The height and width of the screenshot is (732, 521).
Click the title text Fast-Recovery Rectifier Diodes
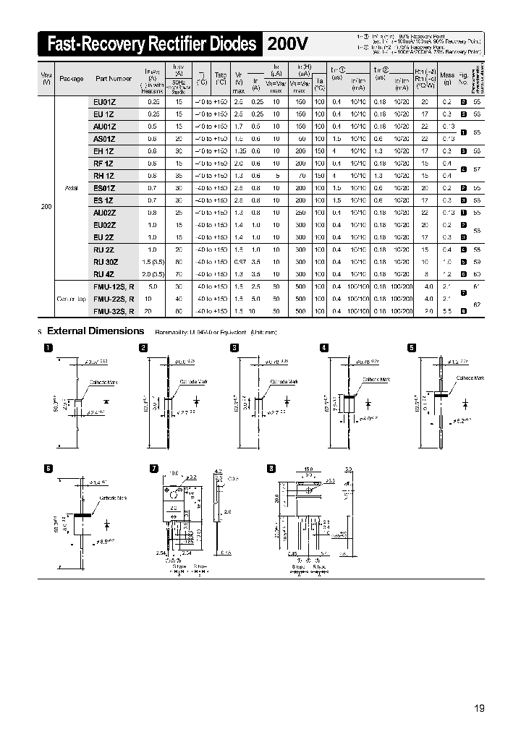[x=151, y=45]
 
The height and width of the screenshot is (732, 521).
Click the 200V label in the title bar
[x=288, y=45]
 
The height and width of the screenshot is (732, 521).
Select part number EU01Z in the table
[x=104, y=103]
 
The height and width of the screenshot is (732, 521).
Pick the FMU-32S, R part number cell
[x=114, y=310]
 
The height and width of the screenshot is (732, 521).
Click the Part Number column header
[x=111, y=78]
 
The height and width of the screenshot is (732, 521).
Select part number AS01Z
[x=104, y=138]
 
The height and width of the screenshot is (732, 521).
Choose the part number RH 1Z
[x=104, y=176]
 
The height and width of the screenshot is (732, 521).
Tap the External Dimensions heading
[x=96, y=331]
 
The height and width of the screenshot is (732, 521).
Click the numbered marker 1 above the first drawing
[x=48, y=348]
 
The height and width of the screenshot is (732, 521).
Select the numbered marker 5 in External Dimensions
[x=412, y=348]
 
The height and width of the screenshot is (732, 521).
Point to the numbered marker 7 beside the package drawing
[x=153, y=469]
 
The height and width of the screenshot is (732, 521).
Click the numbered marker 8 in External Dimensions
[x=272, y=469]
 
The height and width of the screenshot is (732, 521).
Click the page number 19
[x=479, y=707]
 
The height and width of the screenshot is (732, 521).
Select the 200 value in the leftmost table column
[x=46, y=207]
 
